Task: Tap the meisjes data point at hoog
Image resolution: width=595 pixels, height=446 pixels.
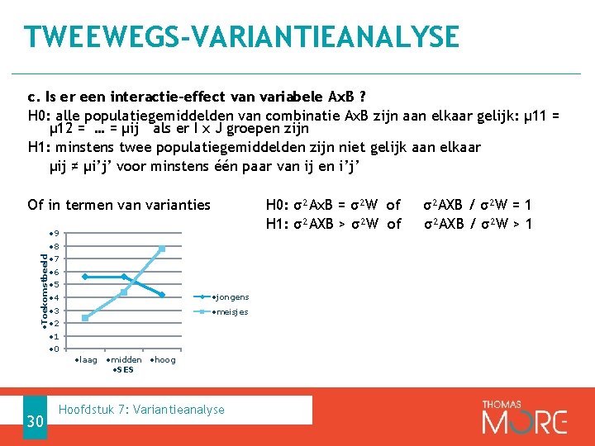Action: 163,249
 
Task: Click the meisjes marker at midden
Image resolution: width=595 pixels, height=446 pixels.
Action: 124,292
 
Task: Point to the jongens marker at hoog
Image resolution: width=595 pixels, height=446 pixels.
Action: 163,295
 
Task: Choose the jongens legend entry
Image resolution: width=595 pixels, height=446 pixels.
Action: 231,297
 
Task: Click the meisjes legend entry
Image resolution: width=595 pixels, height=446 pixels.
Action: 231,312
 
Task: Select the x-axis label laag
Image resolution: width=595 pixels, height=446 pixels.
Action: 86,360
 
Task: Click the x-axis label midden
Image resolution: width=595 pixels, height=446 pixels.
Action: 125,360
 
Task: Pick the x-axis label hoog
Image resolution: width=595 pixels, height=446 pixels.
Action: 163,360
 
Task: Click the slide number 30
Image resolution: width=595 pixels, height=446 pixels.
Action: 34,421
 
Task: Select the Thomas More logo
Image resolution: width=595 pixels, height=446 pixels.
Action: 525,416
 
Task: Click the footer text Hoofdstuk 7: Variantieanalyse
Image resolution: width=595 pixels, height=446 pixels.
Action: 142,410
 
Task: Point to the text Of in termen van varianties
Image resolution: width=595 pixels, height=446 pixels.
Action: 119,205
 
